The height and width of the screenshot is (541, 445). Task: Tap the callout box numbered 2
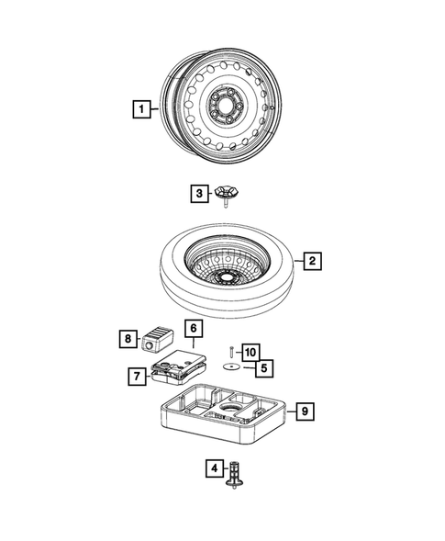(x=312, y=262)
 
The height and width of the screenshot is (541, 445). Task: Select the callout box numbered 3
(x=197, y=193)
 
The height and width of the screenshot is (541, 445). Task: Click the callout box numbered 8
(x=128, y=338)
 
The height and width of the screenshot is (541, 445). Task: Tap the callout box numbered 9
(x=306, y=411)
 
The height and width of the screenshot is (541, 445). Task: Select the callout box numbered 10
(x=250, y=350)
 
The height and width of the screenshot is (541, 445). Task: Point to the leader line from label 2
(x=299, y=262)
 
